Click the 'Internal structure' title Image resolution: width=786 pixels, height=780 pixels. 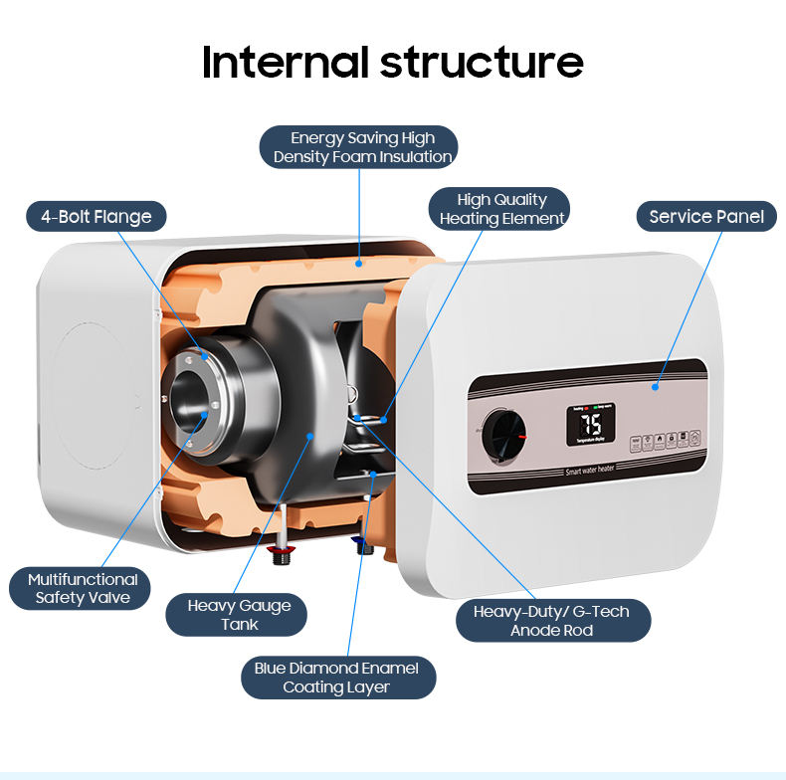(x=392, y=62)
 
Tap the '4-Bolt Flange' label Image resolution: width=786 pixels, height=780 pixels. (x=96, y=216)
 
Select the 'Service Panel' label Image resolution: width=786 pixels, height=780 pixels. (x=706, y=216)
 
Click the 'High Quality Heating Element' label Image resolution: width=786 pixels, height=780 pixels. (x=501, y=209)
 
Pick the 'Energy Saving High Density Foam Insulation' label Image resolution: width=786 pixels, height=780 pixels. (x=362, y=147)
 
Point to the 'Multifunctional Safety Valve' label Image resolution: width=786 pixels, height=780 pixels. (x=83, y=588)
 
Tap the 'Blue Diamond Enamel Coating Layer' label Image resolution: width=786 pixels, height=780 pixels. (x=336, y=678)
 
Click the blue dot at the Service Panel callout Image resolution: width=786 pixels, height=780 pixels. (x=656, y=387)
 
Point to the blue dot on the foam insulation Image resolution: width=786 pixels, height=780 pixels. (x=358, y=264)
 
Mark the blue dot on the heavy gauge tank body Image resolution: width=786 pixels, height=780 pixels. (x=309, y=435)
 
